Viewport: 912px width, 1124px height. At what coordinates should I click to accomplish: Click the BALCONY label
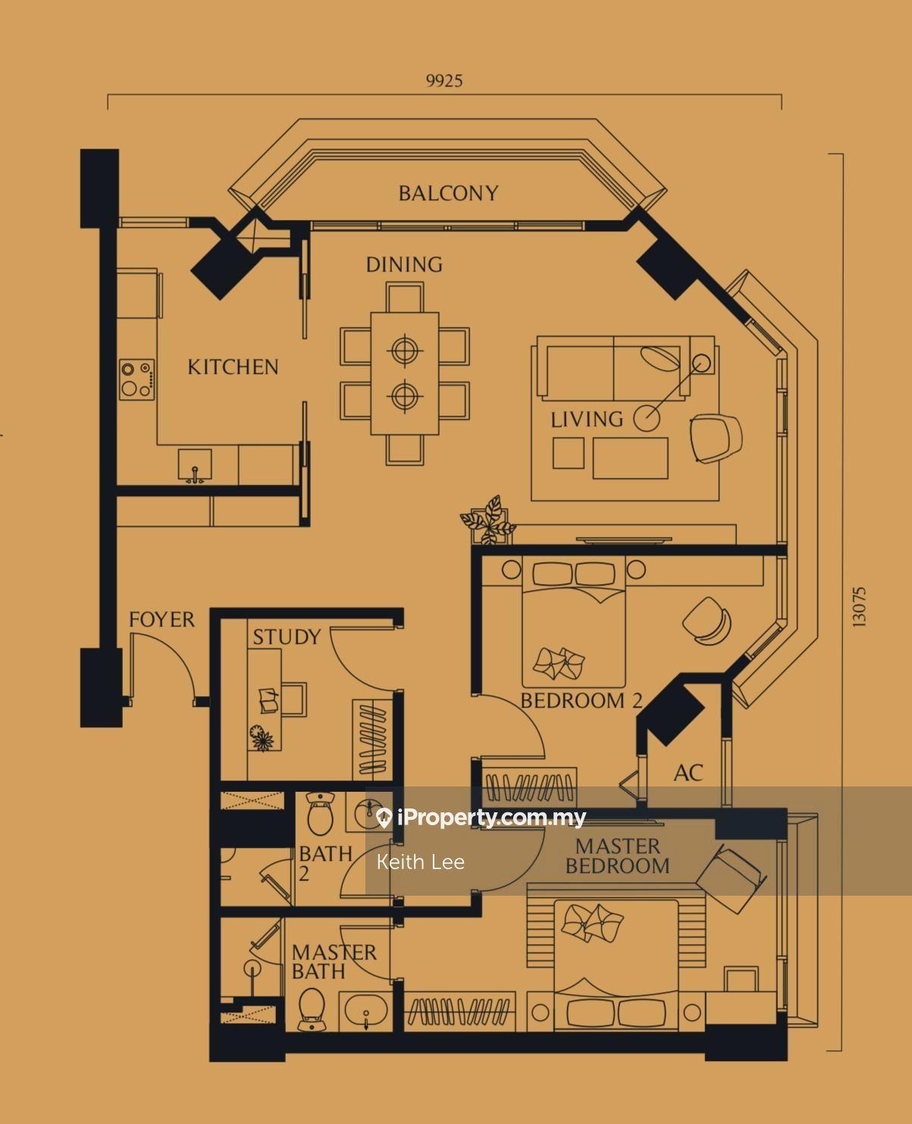(x=448, y=193)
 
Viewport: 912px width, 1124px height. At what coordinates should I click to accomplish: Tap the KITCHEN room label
(x=233, y=367)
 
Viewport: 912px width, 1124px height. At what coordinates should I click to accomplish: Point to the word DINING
(x=405, y=265)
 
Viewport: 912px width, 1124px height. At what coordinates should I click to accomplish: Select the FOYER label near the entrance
(x=162, y=619)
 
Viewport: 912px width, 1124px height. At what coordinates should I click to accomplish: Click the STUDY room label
(x=287, y=637)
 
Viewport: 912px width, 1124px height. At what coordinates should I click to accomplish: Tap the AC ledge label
(x=688, y=774)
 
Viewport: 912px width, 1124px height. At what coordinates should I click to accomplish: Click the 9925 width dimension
(x=444, y=80)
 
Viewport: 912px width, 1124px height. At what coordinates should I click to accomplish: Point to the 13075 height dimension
(x=859, y=608)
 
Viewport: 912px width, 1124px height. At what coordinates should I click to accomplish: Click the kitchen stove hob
(x=136, y=379)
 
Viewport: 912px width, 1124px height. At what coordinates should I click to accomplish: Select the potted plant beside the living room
(x=488, y=520)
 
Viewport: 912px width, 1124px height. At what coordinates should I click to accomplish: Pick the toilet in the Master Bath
(x=312, y=1009)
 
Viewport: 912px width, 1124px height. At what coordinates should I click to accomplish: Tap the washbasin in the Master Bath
(x=366, y=1010)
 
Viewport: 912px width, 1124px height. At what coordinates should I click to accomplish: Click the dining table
(x=405, y=374)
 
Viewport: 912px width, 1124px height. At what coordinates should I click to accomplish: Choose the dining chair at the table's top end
(x=405, y=297)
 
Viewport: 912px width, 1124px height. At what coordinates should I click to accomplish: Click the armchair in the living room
(x=715, y=438)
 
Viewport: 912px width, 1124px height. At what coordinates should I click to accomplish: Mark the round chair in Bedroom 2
(x=707, y=621)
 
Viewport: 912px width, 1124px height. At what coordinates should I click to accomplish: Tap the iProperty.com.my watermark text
(x=490, y=818)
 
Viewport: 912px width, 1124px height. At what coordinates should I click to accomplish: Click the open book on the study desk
(x=268, y=700)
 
